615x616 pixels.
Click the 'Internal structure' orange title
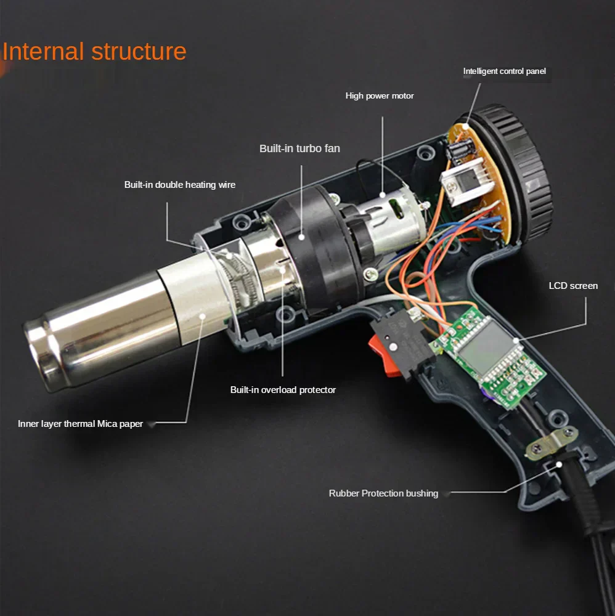tap(94, 52)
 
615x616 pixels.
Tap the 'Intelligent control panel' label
tap(504, 71)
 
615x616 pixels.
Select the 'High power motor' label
tap(380, 96)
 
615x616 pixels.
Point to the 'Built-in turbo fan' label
tap(299, 148)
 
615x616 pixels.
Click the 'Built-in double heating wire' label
tap(180, 185)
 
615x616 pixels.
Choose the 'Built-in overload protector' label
tap(283, 390)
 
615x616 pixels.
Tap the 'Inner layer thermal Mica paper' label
tap(80, 424)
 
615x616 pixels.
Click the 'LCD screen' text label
tap(573, 286)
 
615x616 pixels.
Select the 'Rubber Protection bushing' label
tap(383, 493)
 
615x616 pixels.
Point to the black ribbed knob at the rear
tap(515, 173)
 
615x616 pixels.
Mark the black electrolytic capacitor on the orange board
tap(458, 152)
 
